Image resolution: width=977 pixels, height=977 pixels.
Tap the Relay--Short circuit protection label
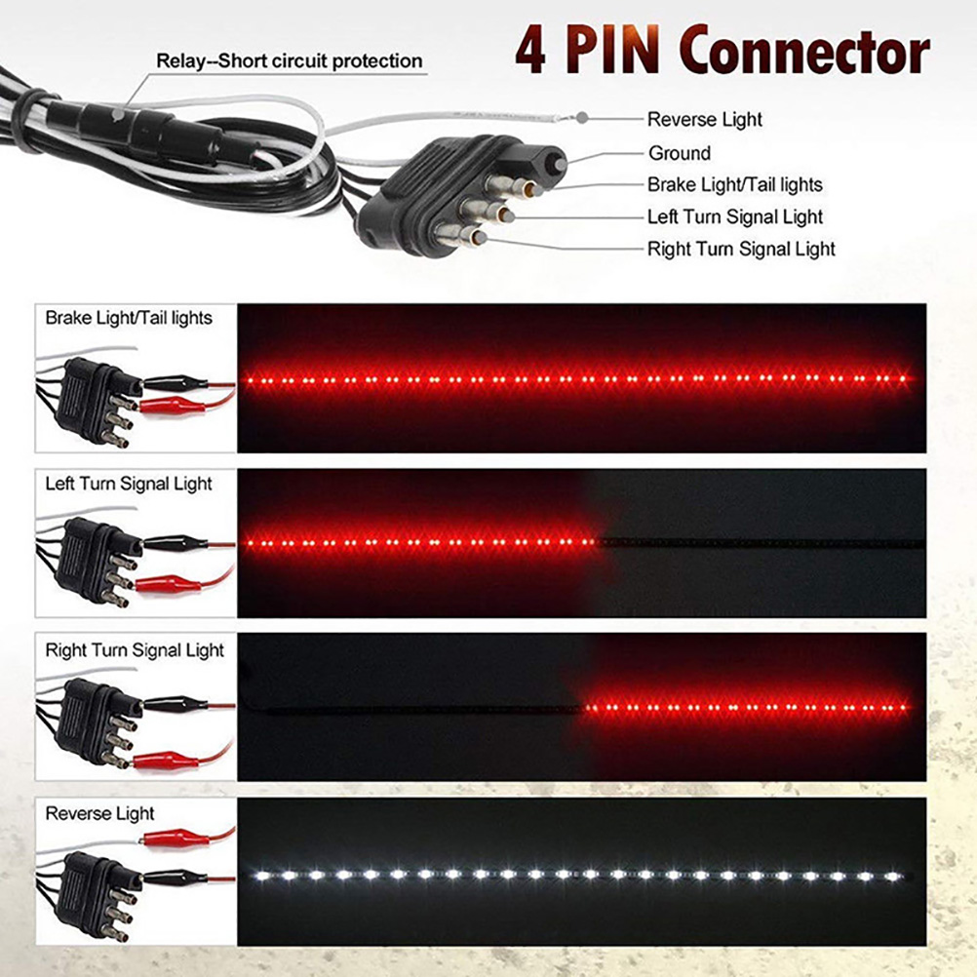click(x=290, y=61)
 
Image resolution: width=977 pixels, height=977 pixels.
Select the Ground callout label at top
click(x=680, y=153)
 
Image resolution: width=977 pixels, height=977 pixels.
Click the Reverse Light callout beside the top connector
click(x=705, y=120)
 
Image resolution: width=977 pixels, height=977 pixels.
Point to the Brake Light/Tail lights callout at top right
click(x=735, y=184)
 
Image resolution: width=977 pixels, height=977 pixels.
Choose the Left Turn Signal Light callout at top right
click(x=735, y=216)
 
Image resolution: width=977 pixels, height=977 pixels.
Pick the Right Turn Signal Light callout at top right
click(x=741, y=249)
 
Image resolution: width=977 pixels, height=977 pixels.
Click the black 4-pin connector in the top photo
click(x=429, y=195)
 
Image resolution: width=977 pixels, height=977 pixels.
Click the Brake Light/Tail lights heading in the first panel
click(x=129, y=317)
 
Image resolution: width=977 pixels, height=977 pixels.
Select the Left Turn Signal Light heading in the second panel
click(x=129, y=484)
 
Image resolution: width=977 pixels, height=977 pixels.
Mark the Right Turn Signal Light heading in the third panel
click(x=135, y=650)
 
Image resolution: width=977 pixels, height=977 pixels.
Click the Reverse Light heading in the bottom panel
click(x=100, y=813)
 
